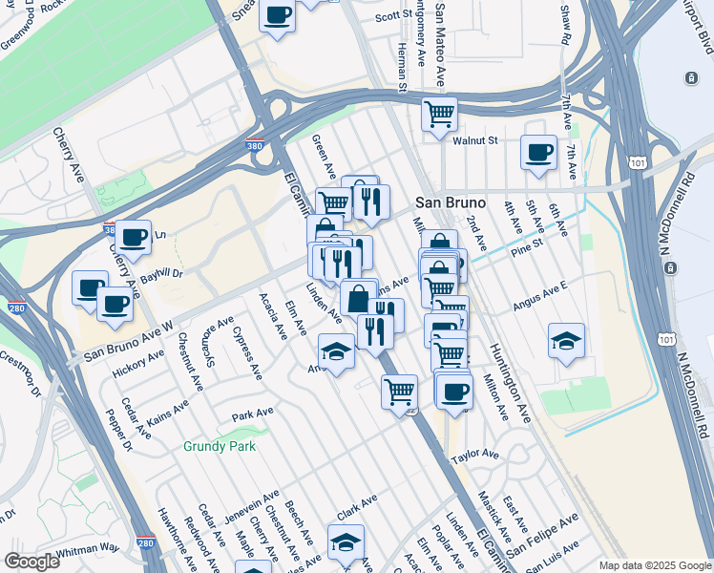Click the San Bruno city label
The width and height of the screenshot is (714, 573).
pyautogui.click(x=451, y=203)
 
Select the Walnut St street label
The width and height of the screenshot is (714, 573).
pyautogui.click(x=476, y=140)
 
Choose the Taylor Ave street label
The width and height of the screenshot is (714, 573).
pyautogui.click(x=475, y=456)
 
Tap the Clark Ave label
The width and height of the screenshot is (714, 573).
pyautogui.click(x=356, y=505)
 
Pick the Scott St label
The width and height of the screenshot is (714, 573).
pyautogui.click(x=392, y=16)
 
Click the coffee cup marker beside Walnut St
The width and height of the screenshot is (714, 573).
pyautogui.click(x=538, y=152)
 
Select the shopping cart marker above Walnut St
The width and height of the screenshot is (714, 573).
pyautogui.click(x=439, y=115)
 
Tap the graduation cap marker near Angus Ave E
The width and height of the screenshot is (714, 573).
pyautogui.click(x=566, y=340)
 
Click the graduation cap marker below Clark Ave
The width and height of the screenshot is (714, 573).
pyautogui.click(x=346, y=541)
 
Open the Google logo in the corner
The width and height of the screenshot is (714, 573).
pyautogui.click(x=31, y=562)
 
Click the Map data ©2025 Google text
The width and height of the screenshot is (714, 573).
pyautogui.click(x=655, y=565)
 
